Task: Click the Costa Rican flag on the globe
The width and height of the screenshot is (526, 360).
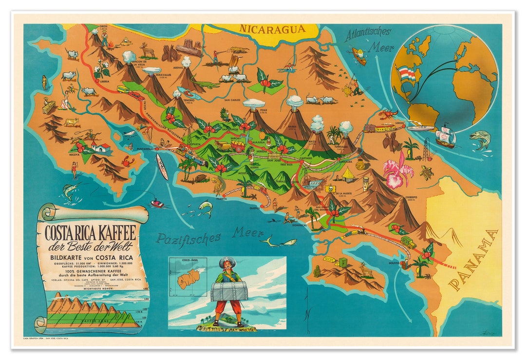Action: [407, 74]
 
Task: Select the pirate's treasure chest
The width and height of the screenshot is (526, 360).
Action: [229, 291]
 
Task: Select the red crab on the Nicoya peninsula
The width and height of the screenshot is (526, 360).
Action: [129, 161]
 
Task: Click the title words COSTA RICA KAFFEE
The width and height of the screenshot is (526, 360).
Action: [91, 231]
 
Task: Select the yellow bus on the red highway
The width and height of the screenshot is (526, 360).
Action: [123, 89]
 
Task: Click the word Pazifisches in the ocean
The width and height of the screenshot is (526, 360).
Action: [188, 238]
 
